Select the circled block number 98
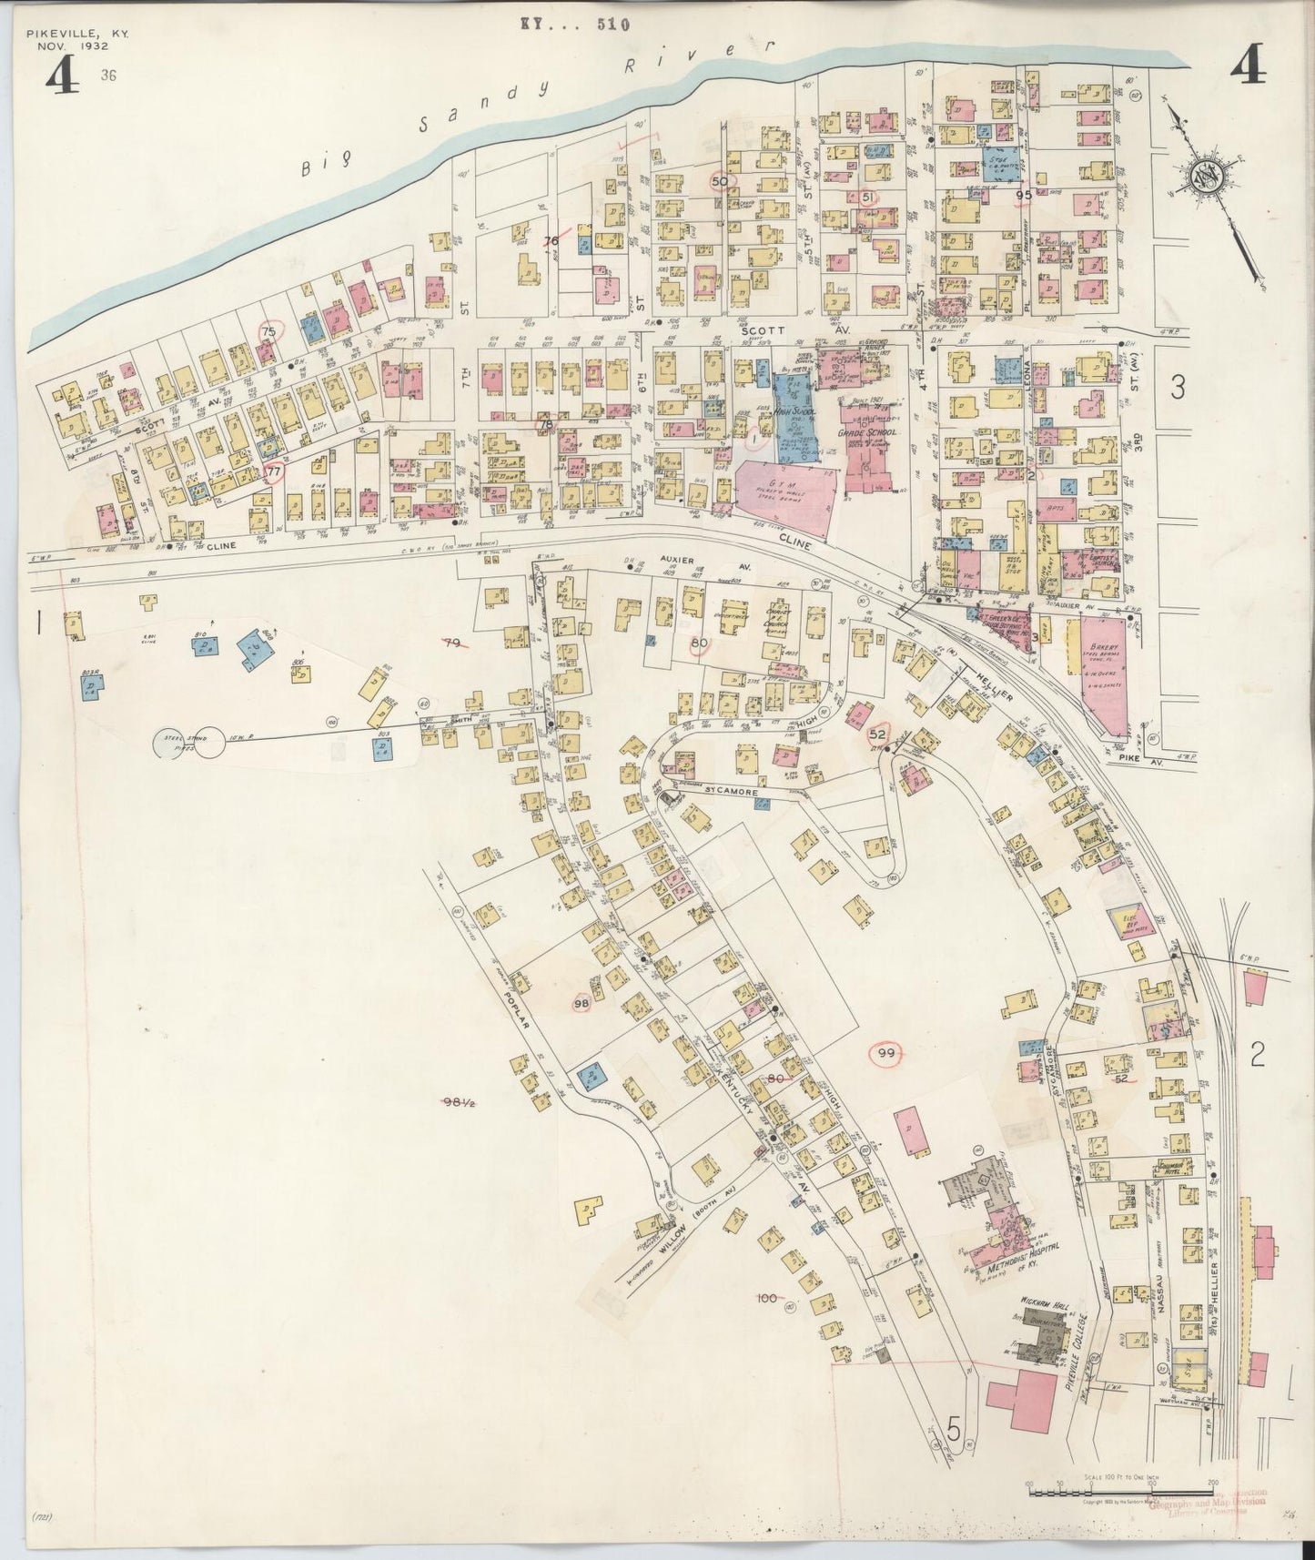point(582,1002)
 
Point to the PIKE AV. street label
point(1133,755)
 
